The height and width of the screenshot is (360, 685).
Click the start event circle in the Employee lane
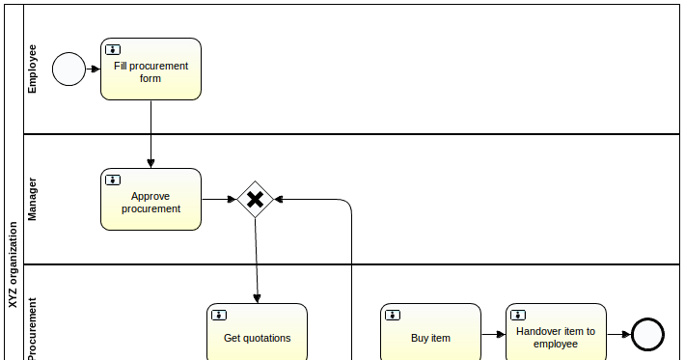point(68,69)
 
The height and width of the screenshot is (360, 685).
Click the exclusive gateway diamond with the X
point(255,200)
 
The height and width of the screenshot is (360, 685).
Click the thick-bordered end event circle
point(648,335)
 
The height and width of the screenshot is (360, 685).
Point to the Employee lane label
point(33,69)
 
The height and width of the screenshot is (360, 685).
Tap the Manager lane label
point(33,199)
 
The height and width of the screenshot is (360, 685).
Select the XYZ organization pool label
point(13,264)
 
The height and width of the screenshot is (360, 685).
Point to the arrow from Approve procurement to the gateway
point(219,200)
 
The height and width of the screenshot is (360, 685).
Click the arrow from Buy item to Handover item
point(493,335)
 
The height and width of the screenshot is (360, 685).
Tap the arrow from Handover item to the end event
point(619,335)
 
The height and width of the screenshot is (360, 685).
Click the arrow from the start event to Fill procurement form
point(94,69)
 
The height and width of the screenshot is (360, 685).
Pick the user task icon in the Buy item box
point(393,315)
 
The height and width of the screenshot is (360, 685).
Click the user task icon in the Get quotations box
point(219,315)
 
